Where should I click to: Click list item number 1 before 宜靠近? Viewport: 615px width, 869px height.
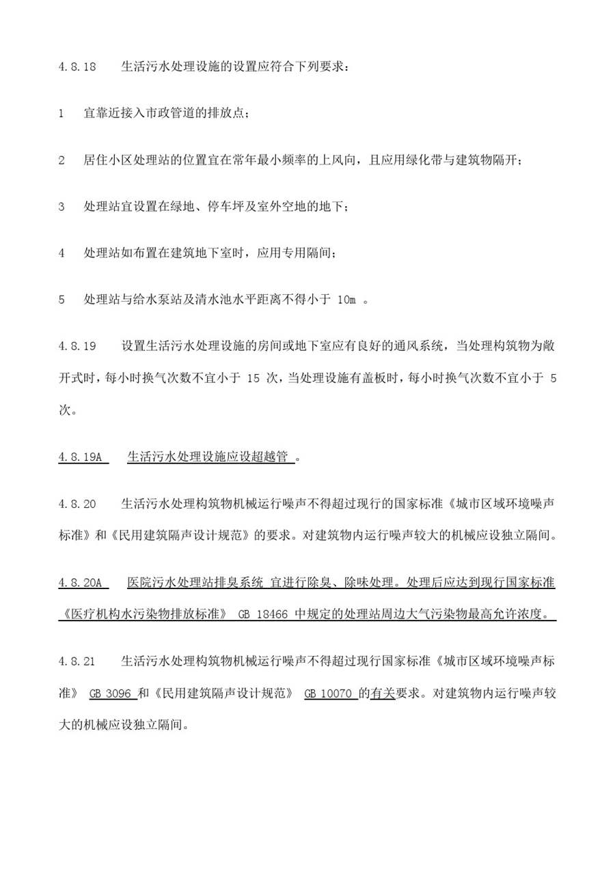point(61,114)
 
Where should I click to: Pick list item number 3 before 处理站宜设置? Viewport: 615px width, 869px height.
point(61,207)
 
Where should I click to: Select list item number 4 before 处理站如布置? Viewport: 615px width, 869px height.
point(61,253)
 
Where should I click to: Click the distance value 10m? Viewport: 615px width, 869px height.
point(347,300)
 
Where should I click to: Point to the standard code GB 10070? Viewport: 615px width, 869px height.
point(328,693)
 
